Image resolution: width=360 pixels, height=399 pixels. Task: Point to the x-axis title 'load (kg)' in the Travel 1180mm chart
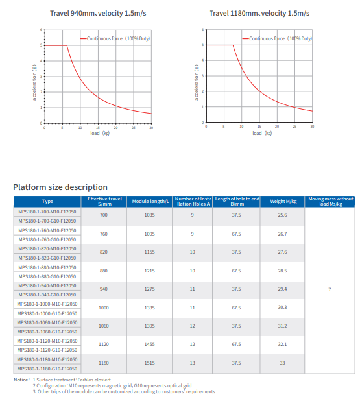[x=258, y=133]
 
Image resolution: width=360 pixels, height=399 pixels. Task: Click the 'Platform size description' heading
[x=60, y=187]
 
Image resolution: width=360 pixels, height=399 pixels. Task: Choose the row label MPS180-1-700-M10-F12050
[x=47, y=212]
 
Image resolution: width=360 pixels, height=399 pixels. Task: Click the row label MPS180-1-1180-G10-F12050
[x=47, y=368]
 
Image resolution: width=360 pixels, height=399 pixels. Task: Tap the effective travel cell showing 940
[x=104, y=289]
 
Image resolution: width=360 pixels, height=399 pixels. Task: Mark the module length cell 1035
[x=150, y=215]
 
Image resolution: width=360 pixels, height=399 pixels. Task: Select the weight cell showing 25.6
[x=282, y=215]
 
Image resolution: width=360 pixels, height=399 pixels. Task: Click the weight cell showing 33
[x=282, y=363]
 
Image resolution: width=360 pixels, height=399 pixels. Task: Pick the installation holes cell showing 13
[x=193, y=363]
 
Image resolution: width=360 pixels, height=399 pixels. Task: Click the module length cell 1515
[x=150, y=363]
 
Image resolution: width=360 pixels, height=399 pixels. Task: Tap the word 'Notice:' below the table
[x=21, y=380]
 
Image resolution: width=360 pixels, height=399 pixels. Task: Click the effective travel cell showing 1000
[x=104, y=308]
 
